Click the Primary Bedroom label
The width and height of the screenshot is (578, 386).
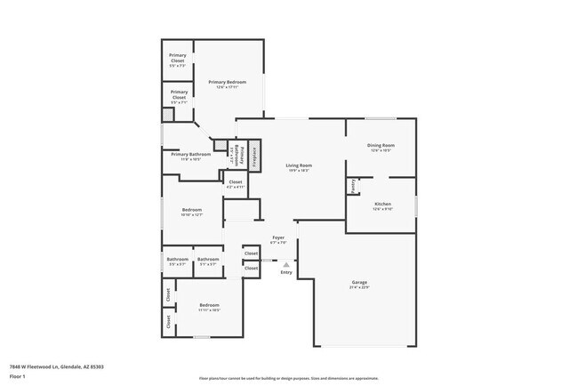(227, 82)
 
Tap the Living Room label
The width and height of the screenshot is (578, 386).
(298, 165)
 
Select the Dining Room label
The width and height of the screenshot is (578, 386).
(381, 145)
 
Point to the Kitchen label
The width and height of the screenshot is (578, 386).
(381, 205)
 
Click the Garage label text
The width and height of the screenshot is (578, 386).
(358, 284)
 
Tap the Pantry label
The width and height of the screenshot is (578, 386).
(353, 186)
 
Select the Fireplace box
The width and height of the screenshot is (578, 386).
(253, 156)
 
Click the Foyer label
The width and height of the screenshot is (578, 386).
(277, 237)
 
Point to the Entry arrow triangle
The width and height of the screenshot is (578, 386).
(285, 263)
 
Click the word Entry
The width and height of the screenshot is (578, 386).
(285, 272)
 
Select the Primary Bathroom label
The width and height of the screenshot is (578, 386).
(191, 155)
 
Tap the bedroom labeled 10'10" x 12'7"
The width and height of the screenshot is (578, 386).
(192, 211)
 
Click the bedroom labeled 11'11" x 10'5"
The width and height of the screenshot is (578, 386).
(209, 306)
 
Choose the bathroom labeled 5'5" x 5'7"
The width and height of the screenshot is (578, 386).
(177, 260)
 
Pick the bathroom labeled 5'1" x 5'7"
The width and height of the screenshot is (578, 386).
(208, 260)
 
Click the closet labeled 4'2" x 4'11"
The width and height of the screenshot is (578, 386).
(235, 183)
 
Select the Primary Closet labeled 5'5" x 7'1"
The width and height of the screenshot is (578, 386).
(179, 95)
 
